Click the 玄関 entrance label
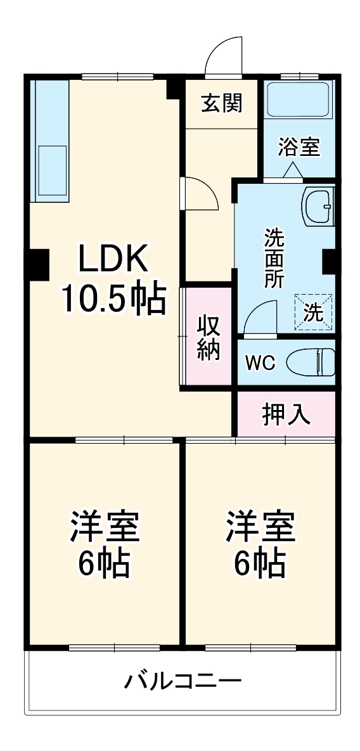222,103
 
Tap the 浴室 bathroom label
298,147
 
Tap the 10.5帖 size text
113,297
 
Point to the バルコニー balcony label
182,683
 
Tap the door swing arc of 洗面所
260,314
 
